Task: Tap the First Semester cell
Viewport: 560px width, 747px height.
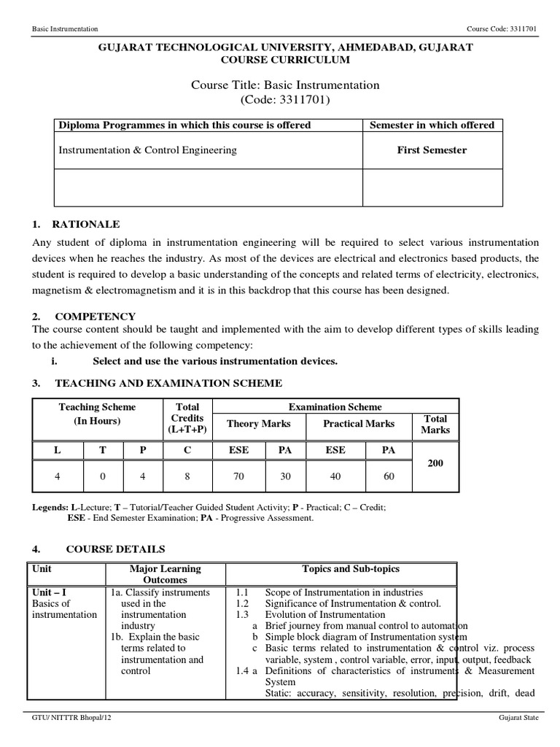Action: [x=432, y=150]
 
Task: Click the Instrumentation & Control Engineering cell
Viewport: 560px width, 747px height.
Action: [x=148, y=150]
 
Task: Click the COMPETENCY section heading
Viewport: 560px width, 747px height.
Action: [x=95, y=316]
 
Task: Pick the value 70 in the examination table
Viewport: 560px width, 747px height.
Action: [x=238, y=476]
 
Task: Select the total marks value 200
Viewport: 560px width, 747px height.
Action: [x=435, y=463]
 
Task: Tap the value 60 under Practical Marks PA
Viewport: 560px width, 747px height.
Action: [x=389, y=476]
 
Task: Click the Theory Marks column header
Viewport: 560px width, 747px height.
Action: [x=259, y=424]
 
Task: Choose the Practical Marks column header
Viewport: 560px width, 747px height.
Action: [x=359, y=424]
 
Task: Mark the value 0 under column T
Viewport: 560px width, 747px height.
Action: [x=103, y=476]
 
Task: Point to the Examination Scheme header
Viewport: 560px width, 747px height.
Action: [x=335, y=407]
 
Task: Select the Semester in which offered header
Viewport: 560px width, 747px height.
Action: [x=432, y=125]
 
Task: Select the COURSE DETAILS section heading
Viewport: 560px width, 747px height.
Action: [x=115, y=549]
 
